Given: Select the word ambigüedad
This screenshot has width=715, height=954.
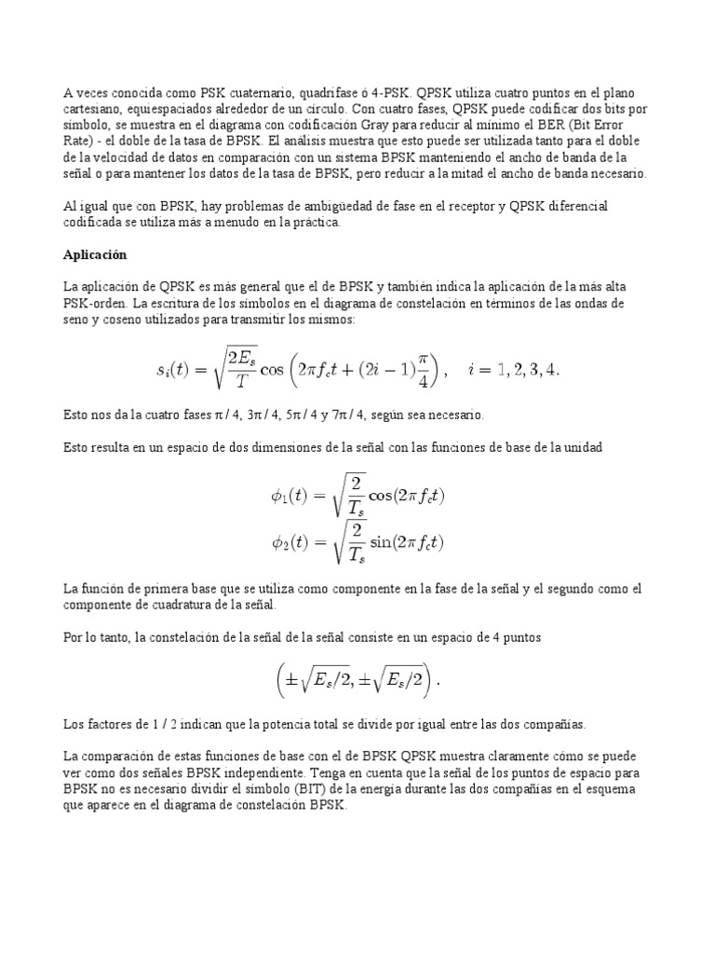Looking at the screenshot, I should point(281,206).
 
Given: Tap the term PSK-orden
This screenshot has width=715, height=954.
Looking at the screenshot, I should point(97,304).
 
